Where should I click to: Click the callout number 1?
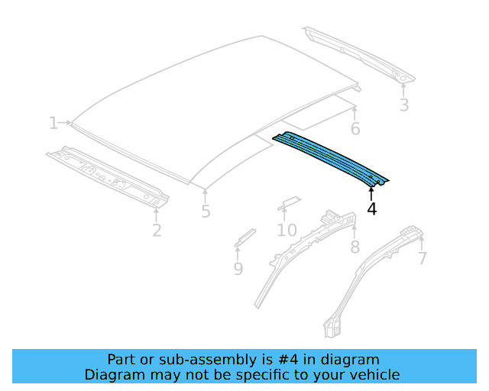(x=53, y=123)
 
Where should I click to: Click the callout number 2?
(x=157, y=230)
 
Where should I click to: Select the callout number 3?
(x=404, y=105)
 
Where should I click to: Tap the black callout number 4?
(x=372, y=208)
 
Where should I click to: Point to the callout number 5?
(x=206, y=212)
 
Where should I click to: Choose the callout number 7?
(x=422, y=258)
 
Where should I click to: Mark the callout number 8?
(x=355, y=247)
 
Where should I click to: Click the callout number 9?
(x=238, y=268)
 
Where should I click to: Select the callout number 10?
(x=287, y=230)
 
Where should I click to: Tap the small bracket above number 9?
(x=244, y=236)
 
